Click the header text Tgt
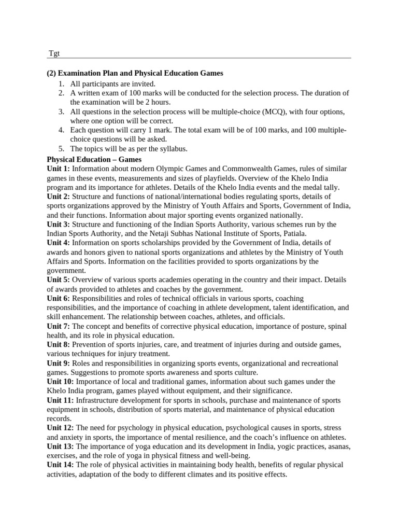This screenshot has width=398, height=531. (53, 54)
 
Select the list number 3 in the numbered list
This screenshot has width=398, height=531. (61, 111)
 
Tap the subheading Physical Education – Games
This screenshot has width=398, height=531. (94, 159)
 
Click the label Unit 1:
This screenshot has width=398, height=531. (58, 169)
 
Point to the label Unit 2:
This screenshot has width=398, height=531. (58, 197)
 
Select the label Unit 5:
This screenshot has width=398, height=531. (58, 280)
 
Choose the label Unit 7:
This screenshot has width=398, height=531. (58, 326)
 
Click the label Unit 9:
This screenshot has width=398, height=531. (58, 363)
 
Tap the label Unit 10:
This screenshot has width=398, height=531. (60, 381)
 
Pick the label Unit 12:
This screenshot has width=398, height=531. (60, 428)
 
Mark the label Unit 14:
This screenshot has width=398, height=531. (60, 465)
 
